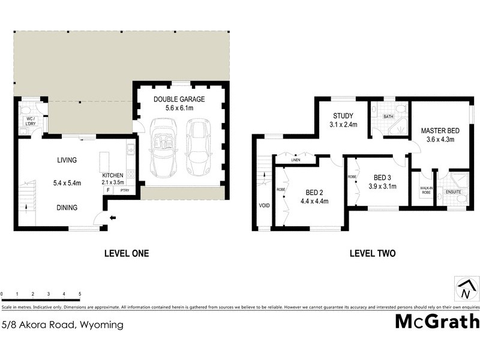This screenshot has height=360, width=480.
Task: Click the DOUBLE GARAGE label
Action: [x=179, y=99]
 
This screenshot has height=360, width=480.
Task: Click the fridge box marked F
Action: [x=108, y=190]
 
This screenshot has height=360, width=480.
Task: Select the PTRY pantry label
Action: [x=125, y=190]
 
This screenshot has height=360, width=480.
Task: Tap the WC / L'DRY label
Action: [x=28, y=121]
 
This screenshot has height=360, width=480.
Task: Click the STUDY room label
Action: [x=343, y=116]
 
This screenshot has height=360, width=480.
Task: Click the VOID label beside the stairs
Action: [x=263, y=205]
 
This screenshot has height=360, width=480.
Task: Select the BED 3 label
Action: [x=382, y=178]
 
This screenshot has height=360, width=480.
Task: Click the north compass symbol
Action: [x=466, y=289]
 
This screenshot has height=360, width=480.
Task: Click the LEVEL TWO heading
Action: [x=372, y=253]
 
